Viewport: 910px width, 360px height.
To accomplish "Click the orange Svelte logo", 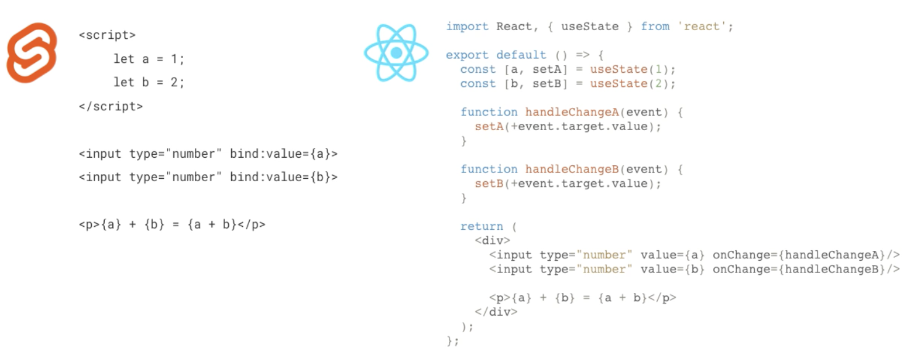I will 31,53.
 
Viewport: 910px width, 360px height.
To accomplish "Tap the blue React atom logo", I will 396,53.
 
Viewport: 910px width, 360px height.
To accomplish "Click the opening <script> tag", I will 107,35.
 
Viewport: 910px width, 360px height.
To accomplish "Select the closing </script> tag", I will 111,106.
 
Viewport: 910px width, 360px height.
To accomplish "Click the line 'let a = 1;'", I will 149,59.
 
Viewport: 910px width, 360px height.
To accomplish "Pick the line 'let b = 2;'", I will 149,83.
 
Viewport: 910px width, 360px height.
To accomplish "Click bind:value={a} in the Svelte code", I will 284,153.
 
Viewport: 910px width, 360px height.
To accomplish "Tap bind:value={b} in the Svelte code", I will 284,177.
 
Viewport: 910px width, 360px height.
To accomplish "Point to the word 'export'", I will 467,55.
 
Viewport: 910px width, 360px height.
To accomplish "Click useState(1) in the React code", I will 633,69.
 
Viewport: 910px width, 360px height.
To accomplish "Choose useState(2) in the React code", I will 633,83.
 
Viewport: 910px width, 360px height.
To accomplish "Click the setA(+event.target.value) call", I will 568,126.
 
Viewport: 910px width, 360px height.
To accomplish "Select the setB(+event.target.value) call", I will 568,183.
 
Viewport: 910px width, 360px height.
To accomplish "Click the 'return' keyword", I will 482,226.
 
